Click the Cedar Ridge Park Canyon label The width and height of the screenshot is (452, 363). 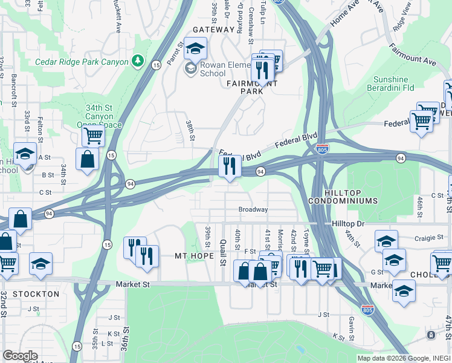coord(82,62)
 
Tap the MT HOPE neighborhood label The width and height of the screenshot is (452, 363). coord(195,256)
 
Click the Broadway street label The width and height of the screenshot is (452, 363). coord(253,209)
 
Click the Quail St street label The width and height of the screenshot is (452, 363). coord(222,252)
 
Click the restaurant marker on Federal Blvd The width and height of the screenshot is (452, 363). coord(229,166)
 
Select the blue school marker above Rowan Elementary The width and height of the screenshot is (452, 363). coord(195,48)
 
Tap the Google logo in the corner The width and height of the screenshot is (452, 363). coord(20,356)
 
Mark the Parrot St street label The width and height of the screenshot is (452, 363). coord(175,51)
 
